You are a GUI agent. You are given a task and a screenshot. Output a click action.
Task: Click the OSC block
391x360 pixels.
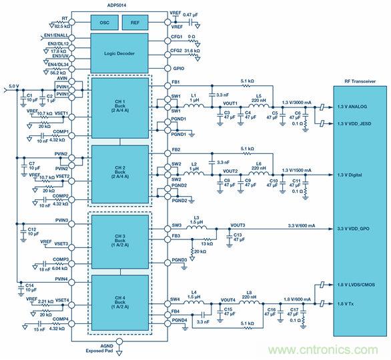pyautogui.click(x=104, y=22)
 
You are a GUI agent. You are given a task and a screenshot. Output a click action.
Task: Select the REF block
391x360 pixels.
pyautogui.click(x=136, y=22)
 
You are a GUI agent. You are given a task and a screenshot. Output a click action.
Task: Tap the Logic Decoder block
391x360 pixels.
pyautogui.click(x=120, y=53)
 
